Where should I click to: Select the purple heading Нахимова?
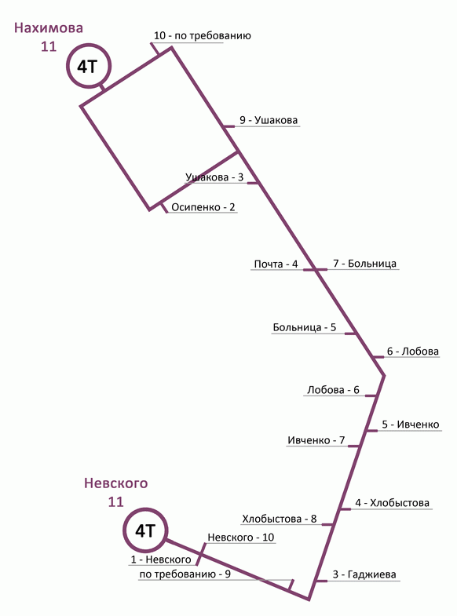(49, 28)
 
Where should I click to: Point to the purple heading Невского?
(116, 483)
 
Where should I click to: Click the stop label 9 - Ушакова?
(269, 120)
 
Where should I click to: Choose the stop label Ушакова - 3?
(214, 177)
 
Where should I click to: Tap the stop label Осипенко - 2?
(203, 207)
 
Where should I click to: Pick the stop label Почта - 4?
(276, 264)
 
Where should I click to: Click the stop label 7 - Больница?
(364, 264)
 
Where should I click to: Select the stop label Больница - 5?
(305, 327)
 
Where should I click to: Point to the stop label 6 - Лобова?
(412, 352)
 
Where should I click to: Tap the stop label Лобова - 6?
(333, 390)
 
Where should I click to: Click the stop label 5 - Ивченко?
(411, 425)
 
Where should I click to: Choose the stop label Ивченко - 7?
(316, 440)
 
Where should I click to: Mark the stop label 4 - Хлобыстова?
(392, 502)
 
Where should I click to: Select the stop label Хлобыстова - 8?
(280, 519)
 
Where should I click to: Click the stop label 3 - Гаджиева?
(364, 574)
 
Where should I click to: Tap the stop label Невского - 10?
(241, 537)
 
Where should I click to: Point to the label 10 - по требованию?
(203, 36)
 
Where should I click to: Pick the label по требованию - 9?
(185, 574)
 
